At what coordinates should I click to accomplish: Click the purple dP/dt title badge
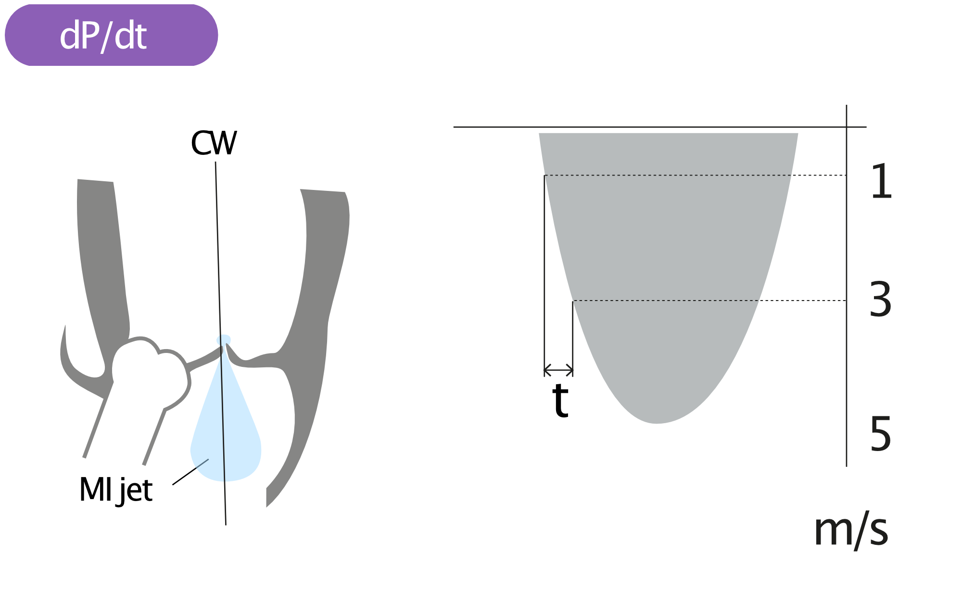click(x=111, y=35)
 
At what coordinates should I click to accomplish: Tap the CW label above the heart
click(x=214, y=143)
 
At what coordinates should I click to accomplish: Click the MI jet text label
click(x=116, y=490)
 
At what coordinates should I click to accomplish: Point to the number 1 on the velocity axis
click(x=882, y=181)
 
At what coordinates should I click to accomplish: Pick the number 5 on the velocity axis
click(x=881, y=434)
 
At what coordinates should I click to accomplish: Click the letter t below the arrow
click(x=561, y=400)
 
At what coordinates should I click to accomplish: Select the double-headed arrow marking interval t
click(x=558, y=370)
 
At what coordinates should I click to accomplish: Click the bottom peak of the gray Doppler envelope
click(x=657, y=423)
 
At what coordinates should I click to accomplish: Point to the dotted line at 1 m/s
click(x=695, y=176)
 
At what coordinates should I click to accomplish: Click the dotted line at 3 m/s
click(x=709, y=301)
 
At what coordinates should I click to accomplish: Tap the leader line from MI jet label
click(x=190, y=472)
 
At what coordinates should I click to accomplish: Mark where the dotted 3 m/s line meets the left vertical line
click(x=573, y=301)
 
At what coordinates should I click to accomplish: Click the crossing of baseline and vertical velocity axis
click(x=847, y=127)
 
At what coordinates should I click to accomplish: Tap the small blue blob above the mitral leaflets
click(x=223, y=339)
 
